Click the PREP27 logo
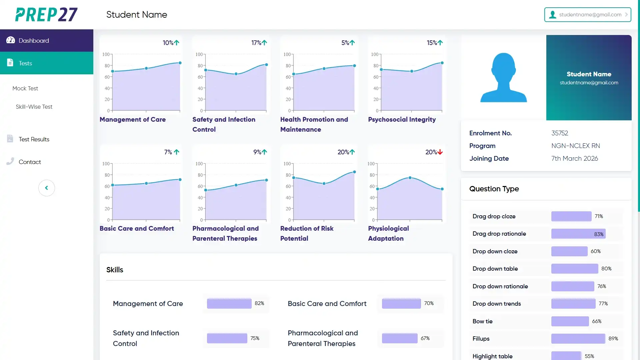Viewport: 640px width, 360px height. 46,15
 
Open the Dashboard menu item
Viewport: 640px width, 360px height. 34,41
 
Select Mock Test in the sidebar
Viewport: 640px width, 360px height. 25,88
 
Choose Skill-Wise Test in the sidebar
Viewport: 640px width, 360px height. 34,107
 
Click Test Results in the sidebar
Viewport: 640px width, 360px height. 34,139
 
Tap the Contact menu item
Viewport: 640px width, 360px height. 30,162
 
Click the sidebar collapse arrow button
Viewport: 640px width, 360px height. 47,188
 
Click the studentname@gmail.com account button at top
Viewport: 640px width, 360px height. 587,15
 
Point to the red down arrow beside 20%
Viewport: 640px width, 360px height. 440,152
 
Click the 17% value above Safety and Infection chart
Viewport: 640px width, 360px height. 256,43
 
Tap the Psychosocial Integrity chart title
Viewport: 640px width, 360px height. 402,119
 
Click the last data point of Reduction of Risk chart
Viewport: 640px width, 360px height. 354,172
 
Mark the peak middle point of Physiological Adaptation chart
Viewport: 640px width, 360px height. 410,178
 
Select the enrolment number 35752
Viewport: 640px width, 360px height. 560,133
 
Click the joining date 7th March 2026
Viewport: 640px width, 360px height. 575,158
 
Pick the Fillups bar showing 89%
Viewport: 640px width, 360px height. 578,339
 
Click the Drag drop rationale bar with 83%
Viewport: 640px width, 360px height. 578,234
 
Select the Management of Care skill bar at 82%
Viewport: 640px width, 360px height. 229,303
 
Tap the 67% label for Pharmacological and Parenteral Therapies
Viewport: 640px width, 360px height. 425,338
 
